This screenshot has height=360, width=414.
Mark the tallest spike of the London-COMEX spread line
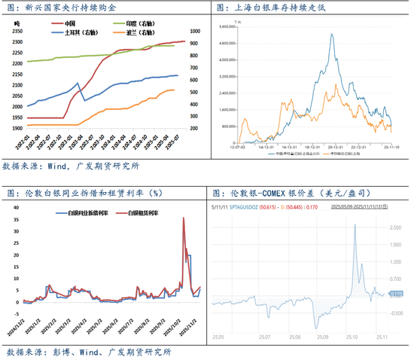(x=354, y=225)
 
